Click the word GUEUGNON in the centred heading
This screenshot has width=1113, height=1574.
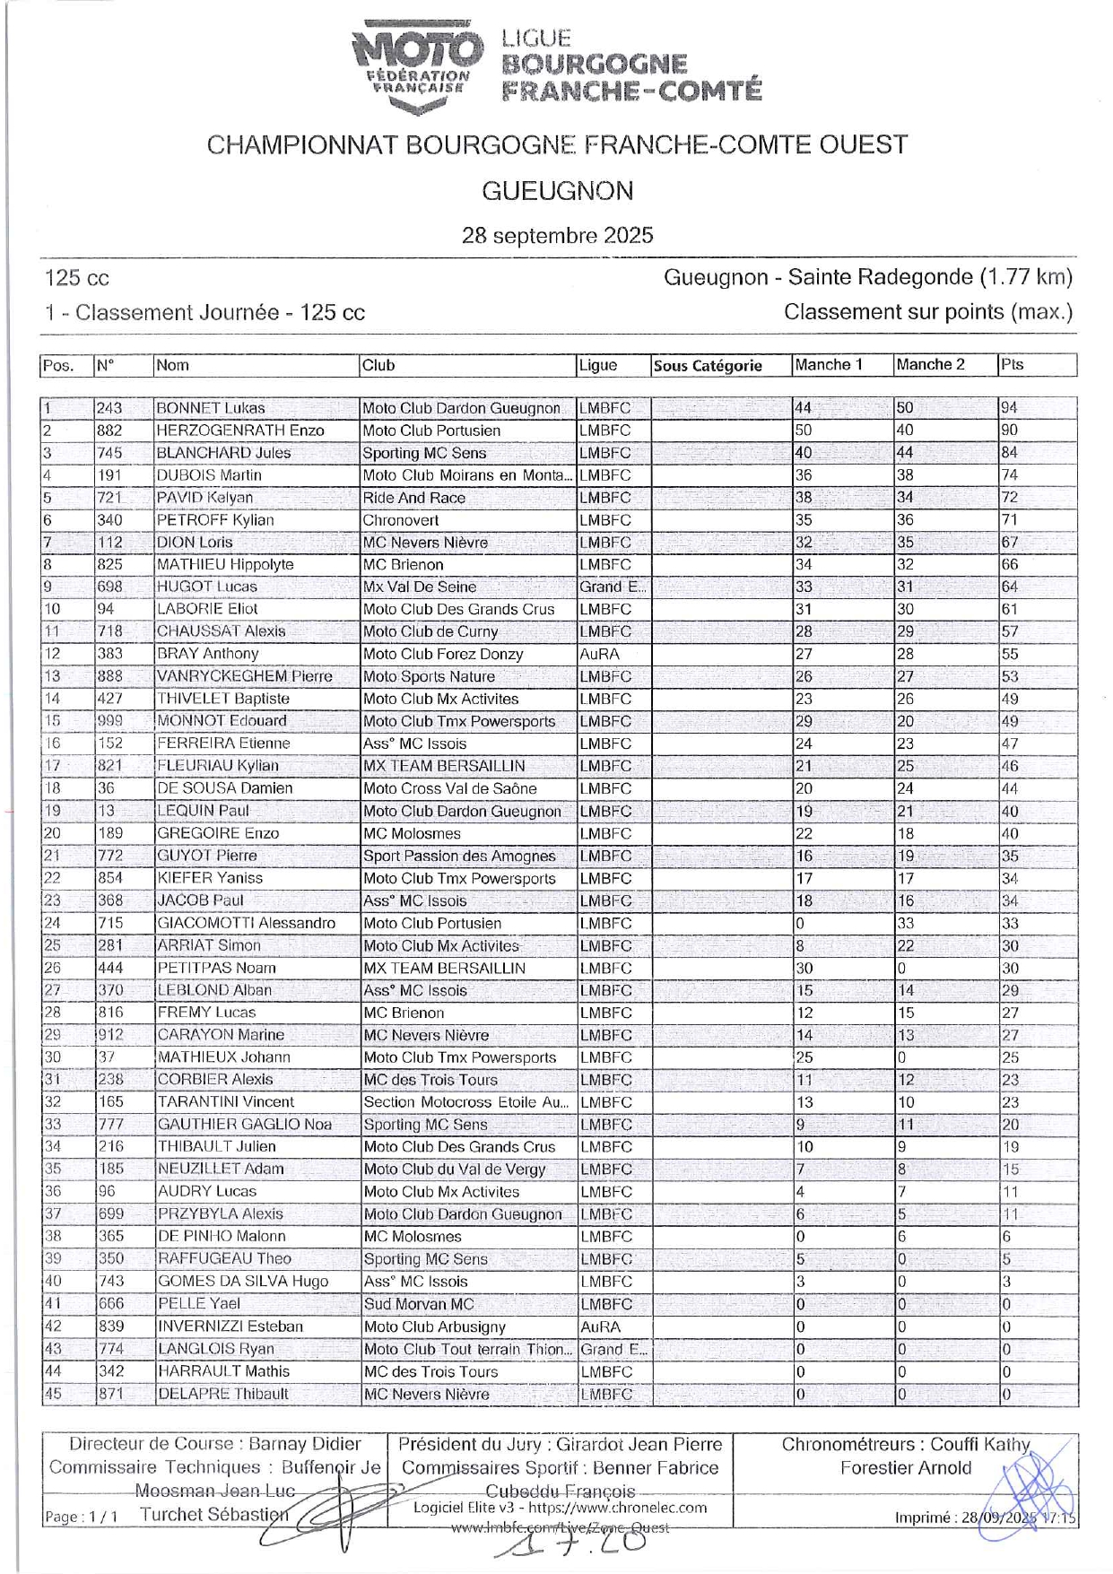tap(557, 191)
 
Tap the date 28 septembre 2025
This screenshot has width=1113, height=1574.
tap(557, 236)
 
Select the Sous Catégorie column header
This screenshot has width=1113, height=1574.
tap(708, 366)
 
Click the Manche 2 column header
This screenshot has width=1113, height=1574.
tap(930, 365)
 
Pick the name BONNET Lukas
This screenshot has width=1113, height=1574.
tap(211, 408)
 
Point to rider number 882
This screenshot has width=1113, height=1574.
tap(109, 430)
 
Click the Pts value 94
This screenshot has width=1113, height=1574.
tap(1009, 408)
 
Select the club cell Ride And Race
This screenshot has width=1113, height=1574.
tap(414, 498)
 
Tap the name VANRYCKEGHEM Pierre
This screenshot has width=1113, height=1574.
tap(244, 676)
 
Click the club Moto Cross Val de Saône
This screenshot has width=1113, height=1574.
tap(449, 788)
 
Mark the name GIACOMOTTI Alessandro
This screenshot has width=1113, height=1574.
tap(246, 923)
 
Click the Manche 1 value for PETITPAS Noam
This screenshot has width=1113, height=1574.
tap(804, 968)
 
